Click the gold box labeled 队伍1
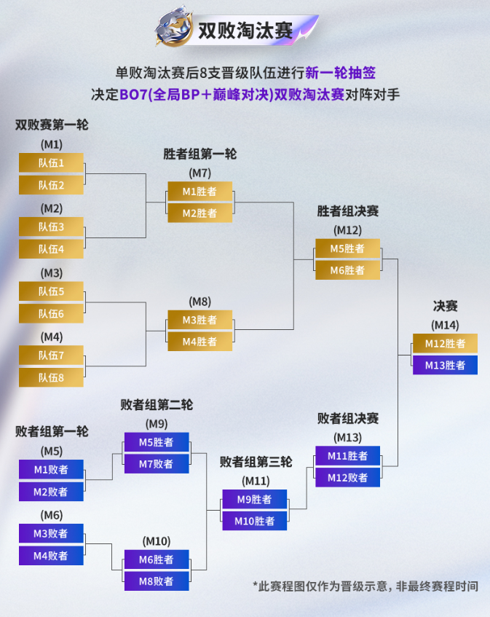[51, 163]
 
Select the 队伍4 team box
[51, 249]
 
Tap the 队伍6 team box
[51, 313]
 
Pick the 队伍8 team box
[51, 377]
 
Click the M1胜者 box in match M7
[200, 192]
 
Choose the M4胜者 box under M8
[200, 342]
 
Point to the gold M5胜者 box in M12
[348, 248]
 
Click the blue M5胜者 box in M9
[157, 442]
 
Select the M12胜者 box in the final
[445, 344]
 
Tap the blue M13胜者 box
[445, 365]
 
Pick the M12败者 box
[348, 478]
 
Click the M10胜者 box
[255, 521]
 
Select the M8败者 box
[157, 581]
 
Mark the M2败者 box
[51, 492]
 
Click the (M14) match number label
[445, 325]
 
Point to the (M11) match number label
[255, 481]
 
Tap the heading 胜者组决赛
[348, 211]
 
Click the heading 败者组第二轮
[157, 404]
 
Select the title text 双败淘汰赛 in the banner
[245, 31]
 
